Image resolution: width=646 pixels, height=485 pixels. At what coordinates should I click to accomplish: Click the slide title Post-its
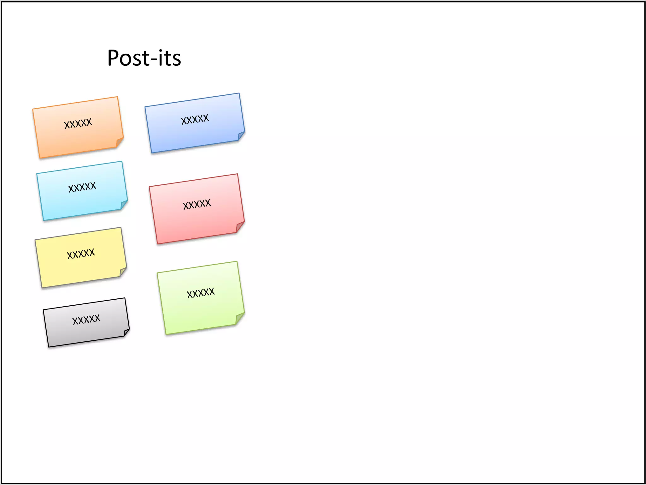coord(144,58)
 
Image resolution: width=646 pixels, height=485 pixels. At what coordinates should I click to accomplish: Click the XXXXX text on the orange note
coord(78,123)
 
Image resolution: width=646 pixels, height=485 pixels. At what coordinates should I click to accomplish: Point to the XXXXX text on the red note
coord(197,204)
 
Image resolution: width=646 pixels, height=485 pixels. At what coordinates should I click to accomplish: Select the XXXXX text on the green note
coord(201,293)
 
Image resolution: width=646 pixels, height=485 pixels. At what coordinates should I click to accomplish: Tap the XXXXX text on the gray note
coord(86,319)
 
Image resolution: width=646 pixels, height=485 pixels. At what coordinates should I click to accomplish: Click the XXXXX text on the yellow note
coord(81,253)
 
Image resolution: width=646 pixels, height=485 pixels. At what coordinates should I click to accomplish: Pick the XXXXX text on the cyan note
coord(82,187)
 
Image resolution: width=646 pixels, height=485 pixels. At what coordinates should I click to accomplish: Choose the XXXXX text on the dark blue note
coord(195,119)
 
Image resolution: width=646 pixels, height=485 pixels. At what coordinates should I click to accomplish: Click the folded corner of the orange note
coord(119,142)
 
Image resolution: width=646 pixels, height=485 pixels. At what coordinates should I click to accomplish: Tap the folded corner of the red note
coord(240,226)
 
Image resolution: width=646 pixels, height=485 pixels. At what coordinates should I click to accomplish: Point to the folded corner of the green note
coord(239,318)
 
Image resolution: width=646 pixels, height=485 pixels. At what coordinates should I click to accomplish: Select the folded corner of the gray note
coord(126,332)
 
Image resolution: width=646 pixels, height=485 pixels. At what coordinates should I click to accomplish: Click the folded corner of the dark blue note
coord(241,136)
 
